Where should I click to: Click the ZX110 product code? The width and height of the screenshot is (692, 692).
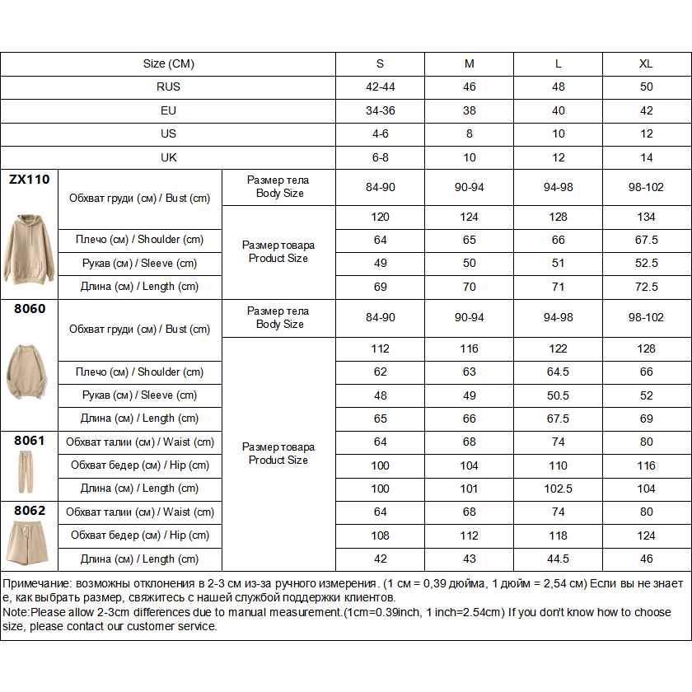[30, 179]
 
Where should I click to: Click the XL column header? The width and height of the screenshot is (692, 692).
[647, 64]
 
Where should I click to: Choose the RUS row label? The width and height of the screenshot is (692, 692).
[168, 87]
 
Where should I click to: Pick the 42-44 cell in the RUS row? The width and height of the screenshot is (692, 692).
[381, 87]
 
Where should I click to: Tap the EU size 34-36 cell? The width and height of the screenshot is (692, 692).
[381, 110]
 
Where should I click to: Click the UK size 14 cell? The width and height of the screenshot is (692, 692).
[647, 157]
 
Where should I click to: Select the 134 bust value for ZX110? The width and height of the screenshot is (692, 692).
[647, 217]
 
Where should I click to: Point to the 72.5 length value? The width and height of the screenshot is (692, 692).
[647, 287]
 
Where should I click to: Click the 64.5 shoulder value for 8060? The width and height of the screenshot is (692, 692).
[559, 372]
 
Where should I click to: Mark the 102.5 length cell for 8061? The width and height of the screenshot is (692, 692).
[559, 489]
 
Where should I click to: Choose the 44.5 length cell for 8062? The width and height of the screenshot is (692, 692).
[559, 559]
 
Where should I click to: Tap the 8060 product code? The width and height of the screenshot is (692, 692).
[30, 309]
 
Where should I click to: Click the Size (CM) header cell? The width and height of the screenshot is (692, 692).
[168, 64]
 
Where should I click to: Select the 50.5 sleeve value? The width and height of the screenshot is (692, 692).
[559, 395]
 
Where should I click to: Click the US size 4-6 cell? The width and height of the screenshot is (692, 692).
[381, 133]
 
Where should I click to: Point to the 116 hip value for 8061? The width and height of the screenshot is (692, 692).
[647, 465]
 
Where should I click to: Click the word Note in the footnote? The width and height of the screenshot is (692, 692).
[15, 613]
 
